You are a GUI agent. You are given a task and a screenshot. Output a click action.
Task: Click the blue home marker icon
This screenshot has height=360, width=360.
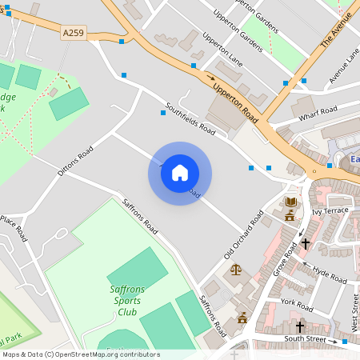(180, 173)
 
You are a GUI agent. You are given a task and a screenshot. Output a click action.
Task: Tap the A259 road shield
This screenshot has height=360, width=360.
(72, 33)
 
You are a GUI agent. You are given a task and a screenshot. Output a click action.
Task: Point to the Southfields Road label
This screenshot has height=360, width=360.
(190, 118)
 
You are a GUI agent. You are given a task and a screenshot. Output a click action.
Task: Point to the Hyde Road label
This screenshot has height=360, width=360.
(330, 275)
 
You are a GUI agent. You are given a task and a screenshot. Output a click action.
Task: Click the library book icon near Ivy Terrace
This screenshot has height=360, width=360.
(290, 202)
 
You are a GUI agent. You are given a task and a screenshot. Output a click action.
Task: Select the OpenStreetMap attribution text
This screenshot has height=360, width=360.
(81, 354)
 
